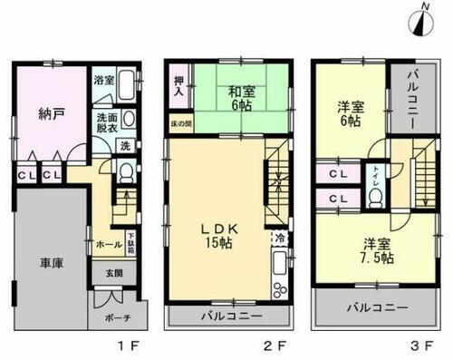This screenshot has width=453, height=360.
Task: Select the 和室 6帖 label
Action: click(240, 98)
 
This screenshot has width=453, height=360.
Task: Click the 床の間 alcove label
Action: click(181, 122)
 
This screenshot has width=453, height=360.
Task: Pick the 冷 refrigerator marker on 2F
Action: click(277, 238)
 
